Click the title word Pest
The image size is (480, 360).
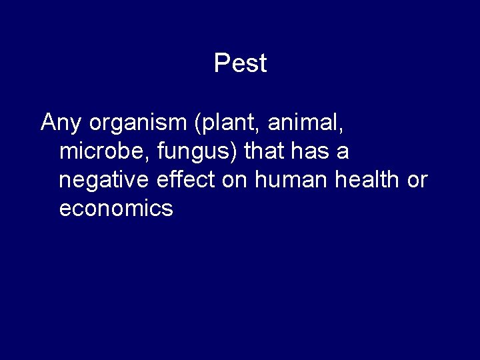(240, 63)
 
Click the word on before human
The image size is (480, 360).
(234, 181)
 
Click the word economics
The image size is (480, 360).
(116, 209)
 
